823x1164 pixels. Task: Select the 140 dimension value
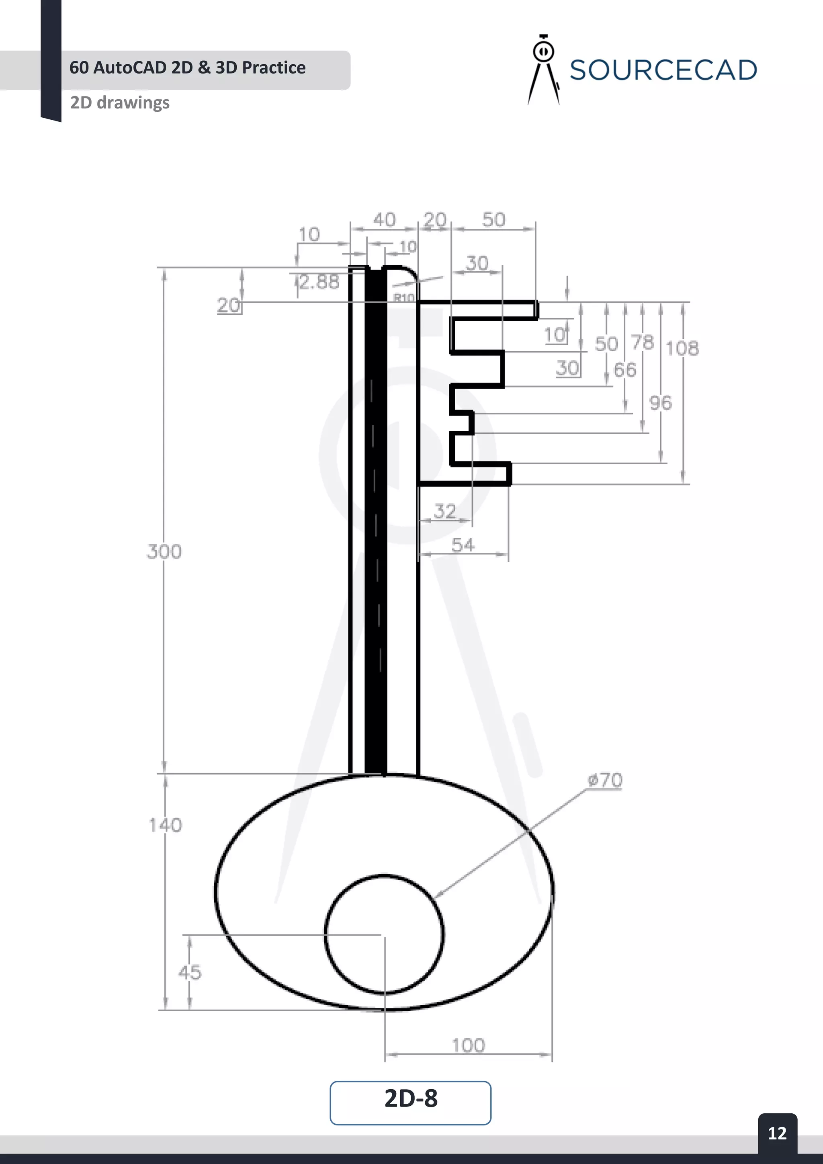[165, 825]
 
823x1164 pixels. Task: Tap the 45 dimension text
[190, 972]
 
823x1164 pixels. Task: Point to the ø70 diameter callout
[605, 780]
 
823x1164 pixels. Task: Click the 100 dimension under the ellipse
[468, 1045]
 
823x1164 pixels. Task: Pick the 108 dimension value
[682, 348]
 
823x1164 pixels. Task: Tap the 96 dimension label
[660, 403]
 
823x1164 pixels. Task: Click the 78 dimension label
[643, 343]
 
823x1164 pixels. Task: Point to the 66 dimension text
[624, 370]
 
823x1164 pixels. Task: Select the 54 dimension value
[463, 545]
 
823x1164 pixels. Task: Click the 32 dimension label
[444, 511]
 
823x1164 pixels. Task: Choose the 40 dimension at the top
[384, 219]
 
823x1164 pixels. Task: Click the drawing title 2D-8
[410, 1098]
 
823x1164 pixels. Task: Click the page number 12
[777, 1133]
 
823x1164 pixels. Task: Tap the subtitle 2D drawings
[120, 102]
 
